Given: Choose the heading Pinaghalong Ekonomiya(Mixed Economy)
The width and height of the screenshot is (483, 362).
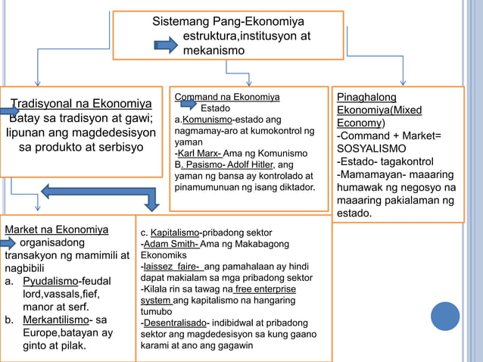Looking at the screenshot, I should pyautogui.click(x=379, y=110).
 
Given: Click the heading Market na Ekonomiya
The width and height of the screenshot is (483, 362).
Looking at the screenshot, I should pyautogui.click(x=56, y=229).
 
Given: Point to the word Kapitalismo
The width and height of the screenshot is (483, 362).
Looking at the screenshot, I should pyautogui.click(x=175, y=232).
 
